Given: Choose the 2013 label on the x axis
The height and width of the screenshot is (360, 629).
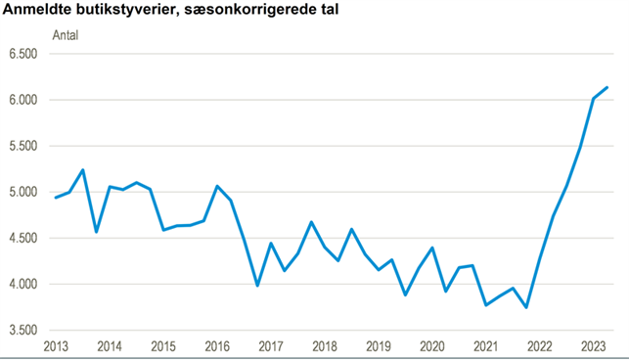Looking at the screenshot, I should (x=55, y=347).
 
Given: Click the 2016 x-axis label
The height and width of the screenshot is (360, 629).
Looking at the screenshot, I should (x=216, y=347).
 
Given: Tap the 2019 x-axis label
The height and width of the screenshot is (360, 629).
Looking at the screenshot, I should (x=378, y=347).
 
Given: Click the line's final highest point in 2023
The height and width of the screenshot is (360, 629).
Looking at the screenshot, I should (x=607, y=87).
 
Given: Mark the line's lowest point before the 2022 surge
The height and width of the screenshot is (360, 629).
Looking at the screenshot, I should (x=526, y=307).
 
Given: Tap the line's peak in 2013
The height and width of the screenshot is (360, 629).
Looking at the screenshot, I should (x=82, y=170).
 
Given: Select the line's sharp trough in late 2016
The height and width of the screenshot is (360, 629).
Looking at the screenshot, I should (x=257, y=286).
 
